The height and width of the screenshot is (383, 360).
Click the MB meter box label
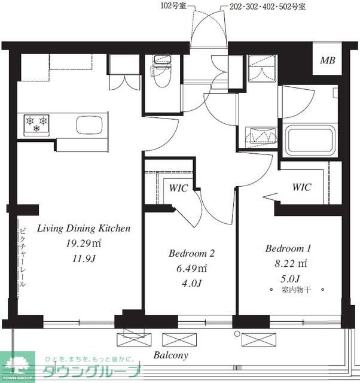point(328,60)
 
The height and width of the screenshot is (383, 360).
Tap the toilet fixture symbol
point(161,71)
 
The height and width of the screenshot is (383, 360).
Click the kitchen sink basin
point(89,125)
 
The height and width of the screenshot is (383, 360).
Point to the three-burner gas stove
point(36,124)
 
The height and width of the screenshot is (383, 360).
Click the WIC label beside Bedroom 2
point(178,188)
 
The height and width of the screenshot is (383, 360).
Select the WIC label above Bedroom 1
point(301,187)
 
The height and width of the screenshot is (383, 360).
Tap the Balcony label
point(171,355)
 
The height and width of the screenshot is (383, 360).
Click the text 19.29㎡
point(84,244)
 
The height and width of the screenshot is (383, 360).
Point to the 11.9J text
point(84,259)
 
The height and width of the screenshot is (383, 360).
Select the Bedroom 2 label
point(191,253)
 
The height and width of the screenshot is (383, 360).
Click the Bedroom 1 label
point(288,248)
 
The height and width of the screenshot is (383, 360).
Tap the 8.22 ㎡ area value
point(291,263)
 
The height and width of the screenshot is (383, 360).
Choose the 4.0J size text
point(191,283)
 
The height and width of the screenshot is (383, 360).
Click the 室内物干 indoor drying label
point(296,290)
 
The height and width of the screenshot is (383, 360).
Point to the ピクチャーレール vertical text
point(23,257)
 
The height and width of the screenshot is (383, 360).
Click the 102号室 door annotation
point(173,5)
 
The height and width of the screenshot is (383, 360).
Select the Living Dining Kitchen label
point(84,229)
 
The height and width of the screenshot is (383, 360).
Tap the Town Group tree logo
point(17,367)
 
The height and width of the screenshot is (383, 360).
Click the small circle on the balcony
point(237,333)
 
